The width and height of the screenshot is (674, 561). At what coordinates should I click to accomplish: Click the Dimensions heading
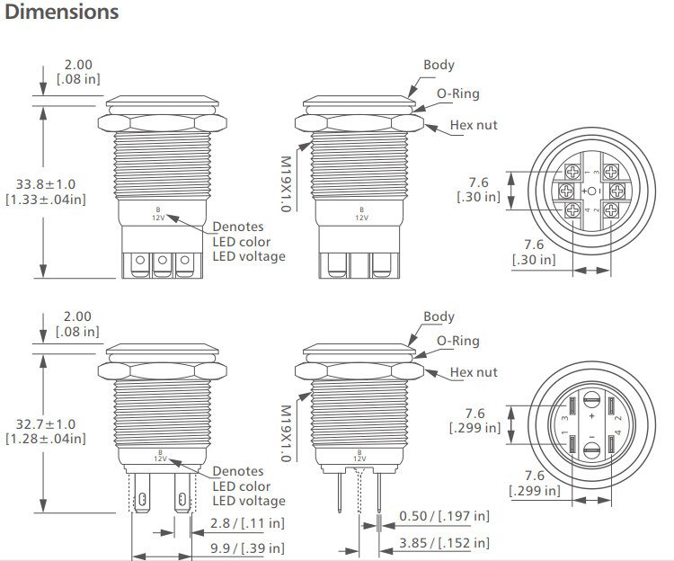click(x=61, y=13)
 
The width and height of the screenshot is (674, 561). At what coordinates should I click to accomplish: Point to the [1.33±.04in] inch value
click(x=46, y=199)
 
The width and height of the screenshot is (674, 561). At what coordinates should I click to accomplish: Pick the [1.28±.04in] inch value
click(x=46, y=439)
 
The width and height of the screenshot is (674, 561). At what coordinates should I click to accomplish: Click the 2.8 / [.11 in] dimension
click(x=247, y=521)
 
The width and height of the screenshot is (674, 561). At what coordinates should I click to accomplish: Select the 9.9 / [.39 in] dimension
click(x=247, y=548)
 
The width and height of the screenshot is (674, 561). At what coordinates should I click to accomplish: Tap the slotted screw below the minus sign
click(x=592, y=452)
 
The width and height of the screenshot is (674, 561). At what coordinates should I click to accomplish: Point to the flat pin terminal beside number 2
click(x=612, y=444)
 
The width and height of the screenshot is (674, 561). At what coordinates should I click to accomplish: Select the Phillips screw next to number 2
click(x=610, y=211)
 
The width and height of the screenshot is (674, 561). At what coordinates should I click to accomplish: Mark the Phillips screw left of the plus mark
click(x=567, y=191)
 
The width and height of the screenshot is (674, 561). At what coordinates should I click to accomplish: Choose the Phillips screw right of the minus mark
click(x=616, y=191)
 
